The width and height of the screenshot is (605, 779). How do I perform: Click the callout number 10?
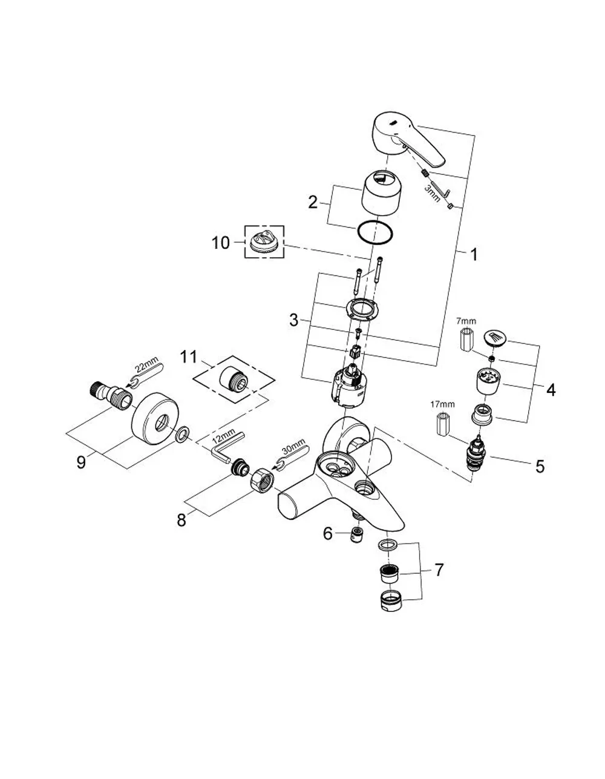coord(220,243)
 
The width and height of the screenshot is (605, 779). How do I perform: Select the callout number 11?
coord(188,357)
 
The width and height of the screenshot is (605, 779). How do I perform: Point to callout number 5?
coord(540,466)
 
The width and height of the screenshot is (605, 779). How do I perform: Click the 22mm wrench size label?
coord(146,368)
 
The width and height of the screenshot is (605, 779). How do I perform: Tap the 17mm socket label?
coord(442,404)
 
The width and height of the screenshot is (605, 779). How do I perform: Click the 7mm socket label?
coord(466,320)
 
